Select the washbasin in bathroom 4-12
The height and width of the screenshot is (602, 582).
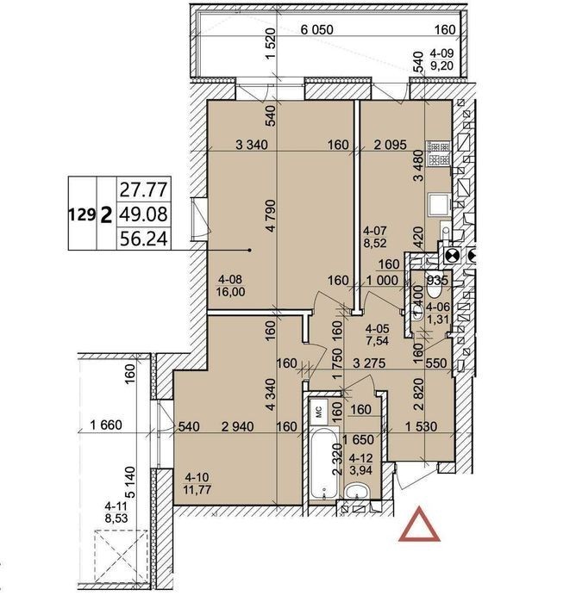[358, 492]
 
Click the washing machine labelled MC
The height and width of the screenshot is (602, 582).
[318, 412]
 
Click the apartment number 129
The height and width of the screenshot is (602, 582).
[82, 214]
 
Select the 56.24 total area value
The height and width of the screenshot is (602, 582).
[144, 239]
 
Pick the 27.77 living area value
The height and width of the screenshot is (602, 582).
[144, 189]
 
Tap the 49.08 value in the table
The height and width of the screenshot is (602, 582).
[144, 214]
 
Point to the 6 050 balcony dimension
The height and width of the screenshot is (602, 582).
[316, 29]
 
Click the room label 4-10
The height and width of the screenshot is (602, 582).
[197, 477]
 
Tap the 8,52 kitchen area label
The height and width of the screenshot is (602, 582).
[375, 243]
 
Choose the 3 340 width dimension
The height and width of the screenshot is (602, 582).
[251, 145]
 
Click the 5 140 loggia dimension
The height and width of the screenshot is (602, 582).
[131, 482]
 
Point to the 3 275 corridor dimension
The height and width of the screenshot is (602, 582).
[369, 363]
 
